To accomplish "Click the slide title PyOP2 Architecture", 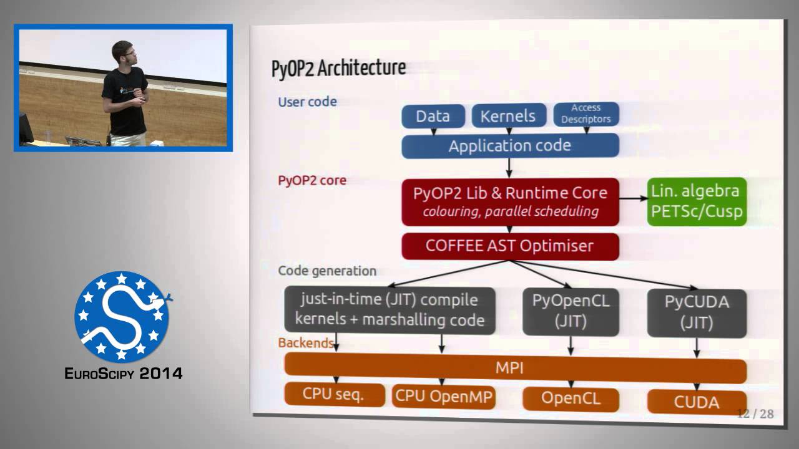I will [x=338, y=68].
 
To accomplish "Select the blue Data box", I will [x=433, y=116].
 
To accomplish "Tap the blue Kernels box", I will [x=509, y=116].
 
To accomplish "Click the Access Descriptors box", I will [x=586, y=113].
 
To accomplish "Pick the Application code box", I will [x=510, y=146].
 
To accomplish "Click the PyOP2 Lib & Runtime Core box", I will [x=510, y=201].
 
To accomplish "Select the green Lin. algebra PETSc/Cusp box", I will [x=697, y=201].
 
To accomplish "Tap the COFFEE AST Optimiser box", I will [x=510, y=246].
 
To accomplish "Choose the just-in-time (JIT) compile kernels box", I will [x=390, y=310].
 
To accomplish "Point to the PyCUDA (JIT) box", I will [x=697, y=312].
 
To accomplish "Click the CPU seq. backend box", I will [x=334, y=395].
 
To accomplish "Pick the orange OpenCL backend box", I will [x=571, y=398].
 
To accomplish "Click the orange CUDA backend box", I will [x=697, y=402].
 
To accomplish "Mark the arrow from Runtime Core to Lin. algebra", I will [x=633, y=198].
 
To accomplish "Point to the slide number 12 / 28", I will [x=755, y=413].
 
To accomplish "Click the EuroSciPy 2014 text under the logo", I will [x=124, y=374].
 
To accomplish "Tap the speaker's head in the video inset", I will [x=122, y=52].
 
